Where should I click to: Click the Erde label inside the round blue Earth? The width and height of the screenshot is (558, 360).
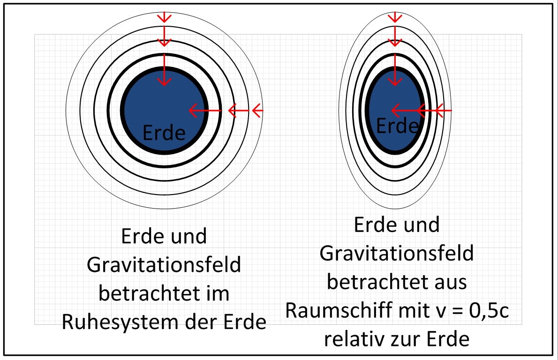click(x=164, y=133)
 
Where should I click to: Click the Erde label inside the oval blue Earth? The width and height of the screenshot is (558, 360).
click(x=397, y=126)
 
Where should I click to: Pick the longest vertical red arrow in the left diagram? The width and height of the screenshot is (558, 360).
click(x=164, y=70)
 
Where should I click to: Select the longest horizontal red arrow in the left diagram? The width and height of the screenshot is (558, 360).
click(x=205, y=111)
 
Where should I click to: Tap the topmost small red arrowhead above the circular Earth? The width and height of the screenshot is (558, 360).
click(x=164, y=17)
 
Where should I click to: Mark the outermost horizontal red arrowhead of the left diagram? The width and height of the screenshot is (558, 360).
click(x=257, y=111)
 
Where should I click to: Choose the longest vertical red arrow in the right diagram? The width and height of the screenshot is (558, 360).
click(x=395, y=70)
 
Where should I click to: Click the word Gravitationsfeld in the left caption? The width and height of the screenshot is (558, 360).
click(x=164, y=265)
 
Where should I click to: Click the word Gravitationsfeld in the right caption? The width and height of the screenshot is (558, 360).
click(x=397, y=254)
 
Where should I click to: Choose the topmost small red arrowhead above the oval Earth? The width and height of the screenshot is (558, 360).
click(x=395, y=17)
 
